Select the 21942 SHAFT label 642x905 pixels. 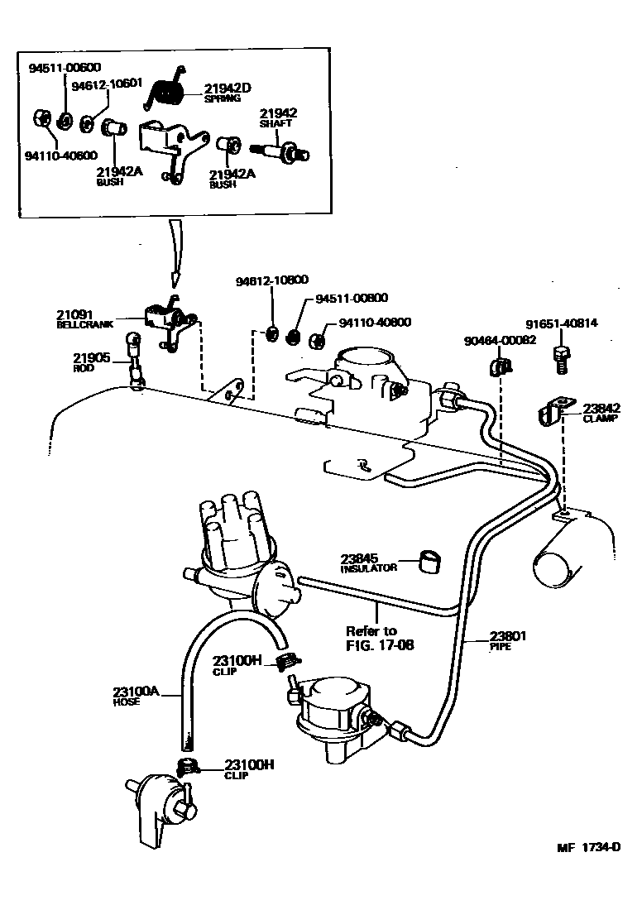coord(279,118)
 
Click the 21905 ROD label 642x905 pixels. coord(91,362)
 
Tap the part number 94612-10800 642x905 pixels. coord(271,280)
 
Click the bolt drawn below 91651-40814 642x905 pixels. coord(560,357)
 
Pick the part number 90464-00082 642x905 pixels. coord(500,339)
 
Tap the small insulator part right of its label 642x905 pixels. coord(429,562)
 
